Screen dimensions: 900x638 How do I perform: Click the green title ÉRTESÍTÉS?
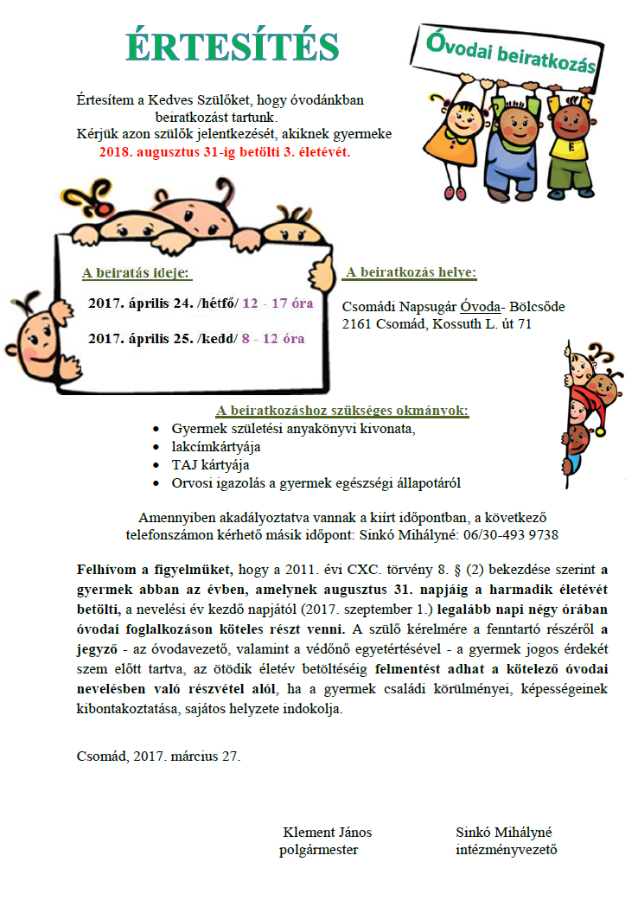tap(232, 47)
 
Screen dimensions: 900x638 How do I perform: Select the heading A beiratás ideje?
tap(137, 274)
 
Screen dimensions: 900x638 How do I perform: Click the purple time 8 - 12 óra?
tap(273, 339)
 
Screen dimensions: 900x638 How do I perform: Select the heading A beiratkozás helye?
tap(410, 273)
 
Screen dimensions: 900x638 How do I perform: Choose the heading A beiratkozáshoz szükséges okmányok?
tap(341, 411)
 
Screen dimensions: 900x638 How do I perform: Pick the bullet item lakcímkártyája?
tap(216, 447)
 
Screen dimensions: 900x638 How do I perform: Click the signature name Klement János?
tap(328, 833)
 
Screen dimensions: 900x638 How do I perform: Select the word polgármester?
tap(319, 849)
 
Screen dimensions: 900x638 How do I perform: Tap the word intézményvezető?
tap(507, 849)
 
